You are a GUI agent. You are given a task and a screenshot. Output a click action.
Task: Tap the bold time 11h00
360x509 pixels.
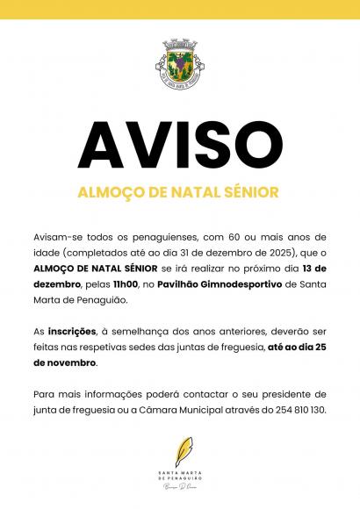tap(129, 286)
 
